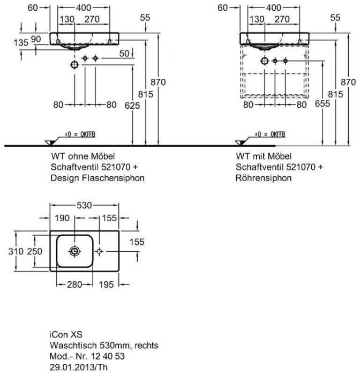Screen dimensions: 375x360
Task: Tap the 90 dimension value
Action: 36,39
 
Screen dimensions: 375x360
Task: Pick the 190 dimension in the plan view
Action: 63,219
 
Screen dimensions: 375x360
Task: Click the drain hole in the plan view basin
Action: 74,251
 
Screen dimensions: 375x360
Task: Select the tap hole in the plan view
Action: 100,251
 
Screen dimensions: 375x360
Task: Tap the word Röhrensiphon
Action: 264,177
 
